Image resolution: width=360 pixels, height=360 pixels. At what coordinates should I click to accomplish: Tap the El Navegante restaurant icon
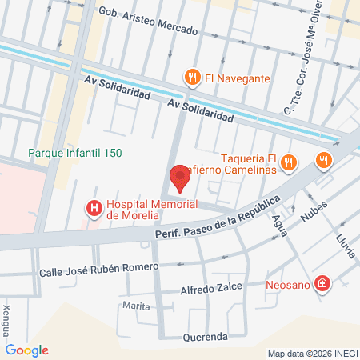click(192, 78)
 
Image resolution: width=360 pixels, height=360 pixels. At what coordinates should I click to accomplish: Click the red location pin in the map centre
click(179, 178)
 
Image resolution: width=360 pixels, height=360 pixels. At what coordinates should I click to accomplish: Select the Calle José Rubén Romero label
click(95, 270)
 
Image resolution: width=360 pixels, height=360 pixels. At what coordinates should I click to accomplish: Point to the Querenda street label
click(206, 337)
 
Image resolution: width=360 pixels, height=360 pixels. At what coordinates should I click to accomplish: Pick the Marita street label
click(137, 306)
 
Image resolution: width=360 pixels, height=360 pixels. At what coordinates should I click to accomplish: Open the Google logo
click(27, 350)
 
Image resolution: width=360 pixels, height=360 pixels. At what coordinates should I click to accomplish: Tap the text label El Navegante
click(238, 78)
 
